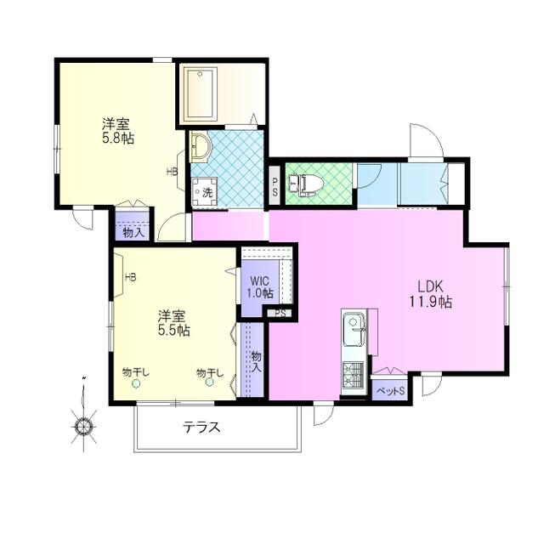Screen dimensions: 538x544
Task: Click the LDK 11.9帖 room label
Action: [430, 294]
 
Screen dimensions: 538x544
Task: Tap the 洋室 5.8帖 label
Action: [117, 131]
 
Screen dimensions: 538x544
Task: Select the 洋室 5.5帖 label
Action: [173, 323]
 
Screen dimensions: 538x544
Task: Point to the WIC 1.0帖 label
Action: [260, 286]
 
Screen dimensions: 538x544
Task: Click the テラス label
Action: [202, 427]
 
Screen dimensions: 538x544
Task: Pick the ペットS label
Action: [391, 391]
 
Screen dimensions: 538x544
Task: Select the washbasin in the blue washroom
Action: [200, 147]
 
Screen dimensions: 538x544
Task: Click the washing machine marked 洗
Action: [204, 191]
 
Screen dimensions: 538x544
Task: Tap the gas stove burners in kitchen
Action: [353, 375]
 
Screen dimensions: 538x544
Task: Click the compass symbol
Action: [83, 426]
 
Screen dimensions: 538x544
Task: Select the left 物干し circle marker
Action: [136, 383]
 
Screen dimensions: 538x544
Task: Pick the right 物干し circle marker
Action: [209, 382]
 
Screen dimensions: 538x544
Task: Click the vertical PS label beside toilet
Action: [275, 187]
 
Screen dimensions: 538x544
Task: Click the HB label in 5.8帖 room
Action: [172, 171]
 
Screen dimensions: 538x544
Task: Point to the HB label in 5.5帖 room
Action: [130, 277]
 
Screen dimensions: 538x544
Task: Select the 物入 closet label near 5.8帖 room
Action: [133, 233]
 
